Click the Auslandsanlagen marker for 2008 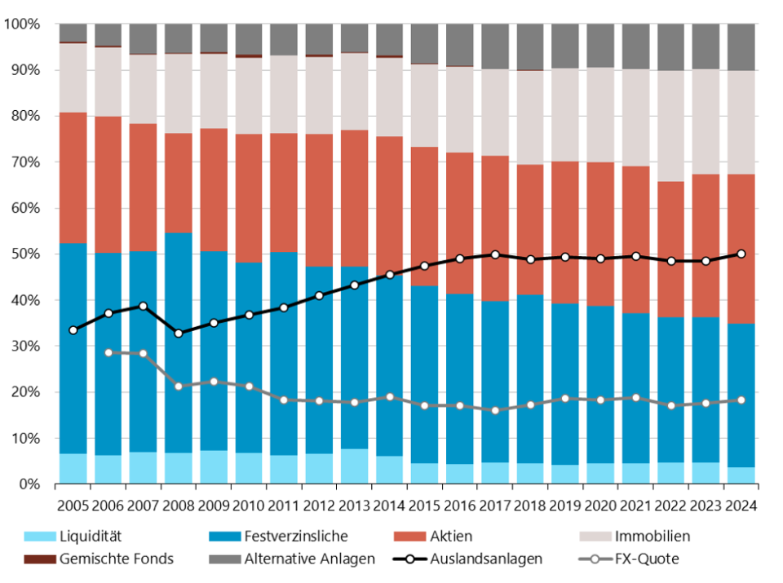[179, 333]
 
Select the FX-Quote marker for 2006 [108, 352]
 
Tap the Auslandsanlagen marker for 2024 [741, 254]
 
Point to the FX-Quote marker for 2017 [495, 411]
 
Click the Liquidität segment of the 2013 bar [354, 466]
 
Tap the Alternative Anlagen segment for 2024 [741, 47]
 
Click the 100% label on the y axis [23, 24]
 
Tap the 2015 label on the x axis [425, 506]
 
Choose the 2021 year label [635, 506]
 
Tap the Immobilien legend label [652, 537]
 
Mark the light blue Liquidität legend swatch [33, 537]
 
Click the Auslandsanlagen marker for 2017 [495, 254]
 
